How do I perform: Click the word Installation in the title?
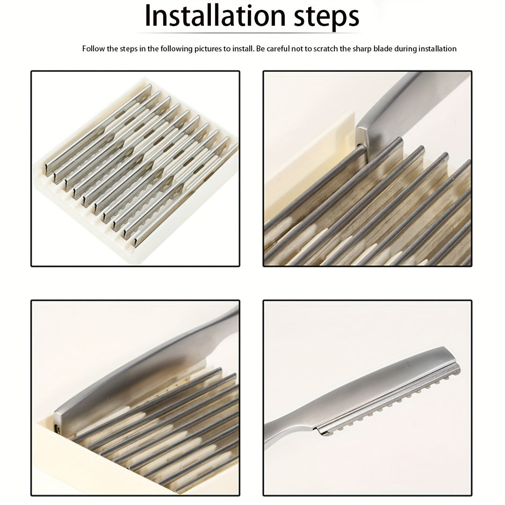tap(216, 15)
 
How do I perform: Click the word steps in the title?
tap(326, 17)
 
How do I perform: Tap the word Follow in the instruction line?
tap(94, 49)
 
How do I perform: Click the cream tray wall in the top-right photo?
tap(309, 161)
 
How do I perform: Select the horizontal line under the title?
tap(249, 33)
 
